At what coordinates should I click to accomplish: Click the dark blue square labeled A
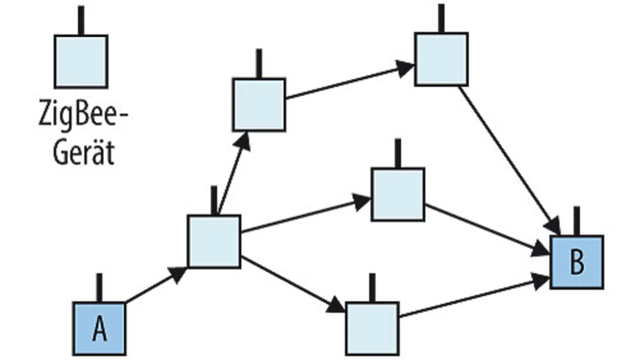pyautogui.click(x=99, y=328)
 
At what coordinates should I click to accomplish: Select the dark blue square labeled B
pyautogui.click(x=576, y=262)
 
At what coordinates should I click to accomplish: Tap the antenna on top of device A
pyautogui.click(x=99, y=287)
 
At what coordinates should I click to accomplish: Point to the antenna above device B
pyautogui.click(x=576, y=220)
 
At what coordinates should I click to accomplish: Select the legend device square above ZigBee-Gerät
pyautogui.click(x=81, y=61)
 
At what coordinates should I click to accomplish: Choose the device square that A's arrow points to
pyautogui.click(x=214, y=241)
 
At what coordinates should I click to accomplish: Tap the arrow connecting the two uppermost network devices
pyautogui.click(x=350, y=81)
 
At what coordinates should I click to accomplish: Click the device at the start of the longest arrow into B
pyautogui.click(x=441, y=59)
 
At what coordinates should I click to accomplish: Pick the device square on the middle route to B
pyautogui.click(x=398, y=194)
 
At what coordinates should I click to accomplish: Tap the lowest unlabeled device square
pyautogui.click(x=372, y=328)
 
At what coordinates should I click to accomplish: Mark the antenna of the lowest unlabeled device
pyautogui.click(x=371, y=287)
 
